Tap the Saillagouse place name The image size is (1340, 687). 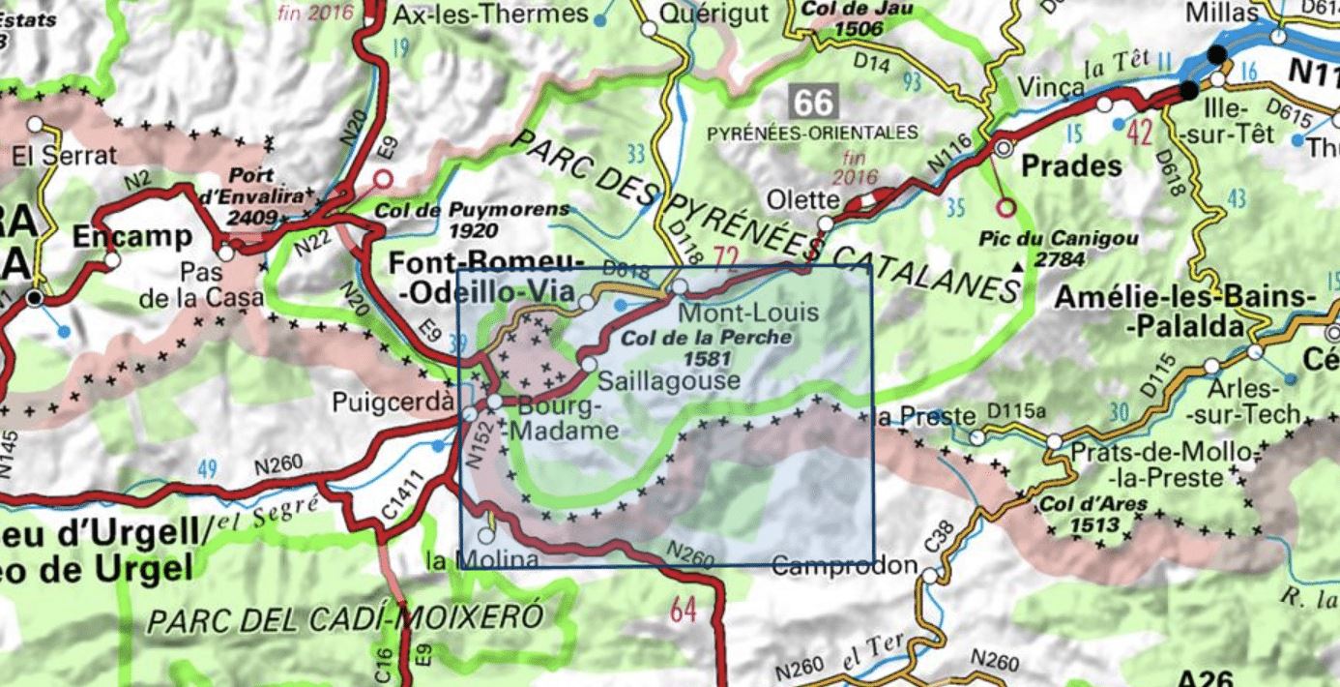coord(669,380)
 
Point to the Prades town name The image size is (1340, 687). coord(1071,165)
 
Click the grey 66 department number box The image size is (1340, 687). coord(812,101)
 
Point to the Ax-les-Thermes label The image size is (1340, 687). coord(491,14)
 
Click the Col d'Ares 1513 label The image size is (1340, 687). coord(1080,514)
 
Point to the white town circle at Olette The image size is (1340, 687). coord(825,224)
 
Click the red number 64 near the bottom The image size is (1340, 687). coord(684,611)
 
